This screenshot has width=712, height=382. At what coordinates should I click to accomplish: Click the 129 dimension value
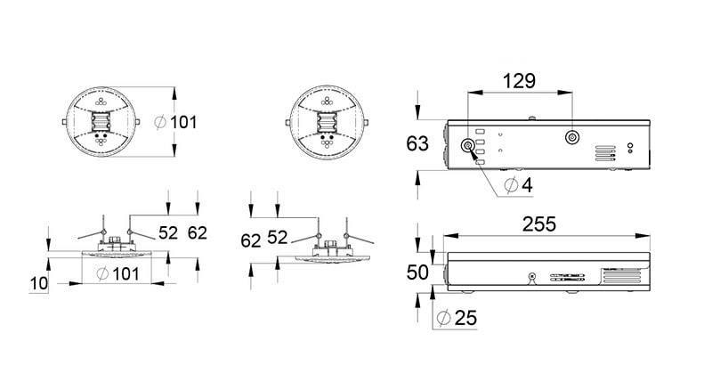coord(519,81)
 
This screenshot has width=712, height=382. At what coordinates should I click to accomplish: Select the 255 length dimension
coord(539,224)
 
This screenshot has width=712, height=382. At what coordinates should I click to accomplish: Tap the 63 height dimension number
coord(417,143)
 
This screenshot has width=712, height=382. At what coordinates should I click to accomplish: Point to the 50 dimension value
coord(417,272)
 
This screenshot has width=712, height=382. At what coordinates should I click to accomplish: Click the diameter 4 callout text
coord(519,185)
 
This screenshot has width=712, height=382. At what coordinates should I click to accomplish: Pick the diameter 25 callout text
coord(457,318)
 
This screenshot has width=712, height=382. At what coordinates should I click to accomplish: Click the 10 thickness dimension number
coord(38,283)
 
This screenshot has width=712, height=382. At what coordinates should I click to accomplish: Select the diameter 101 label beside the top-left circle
coord(175,122)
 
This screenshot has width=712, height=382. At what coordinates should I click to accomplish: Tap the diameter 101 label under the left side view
coord(117,274)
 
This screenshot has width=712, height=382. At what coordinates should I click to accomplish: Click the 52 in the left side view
coord(168,232)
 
